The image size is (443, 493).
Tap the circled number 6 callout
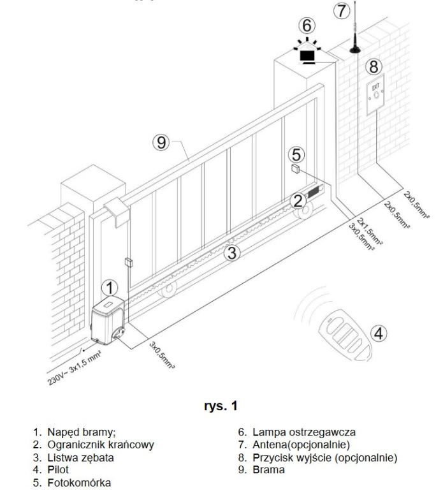(307, 26)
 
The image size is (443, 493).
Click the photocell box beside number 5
(296, 169)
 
